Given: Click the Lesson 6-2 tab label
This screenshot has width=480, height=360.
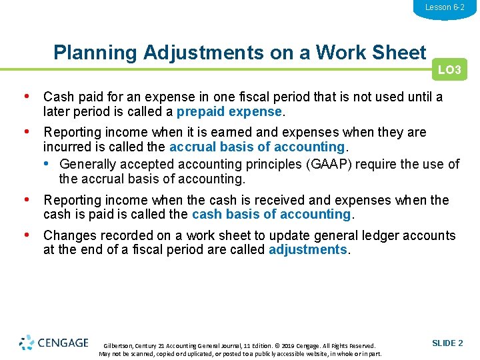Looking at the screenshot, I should click(445, 7).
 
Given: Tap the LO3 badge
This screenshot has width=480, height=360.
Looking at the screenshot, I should click(449, 70).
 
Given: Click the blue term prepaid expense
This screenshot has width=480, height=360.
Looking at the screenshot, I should click(229, 111).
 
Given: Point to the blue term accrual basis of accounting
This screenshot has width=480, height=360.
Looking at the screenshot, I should click(257, 147).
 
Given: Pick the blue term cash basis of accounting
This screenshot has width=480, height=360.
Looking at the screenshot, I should click(271, 214).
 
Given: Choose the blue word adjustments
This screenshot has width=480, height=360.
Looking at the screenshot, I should click(307, 249).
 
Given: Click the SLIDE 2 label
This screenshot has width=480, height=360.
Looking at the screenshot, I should click(447, 343).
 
